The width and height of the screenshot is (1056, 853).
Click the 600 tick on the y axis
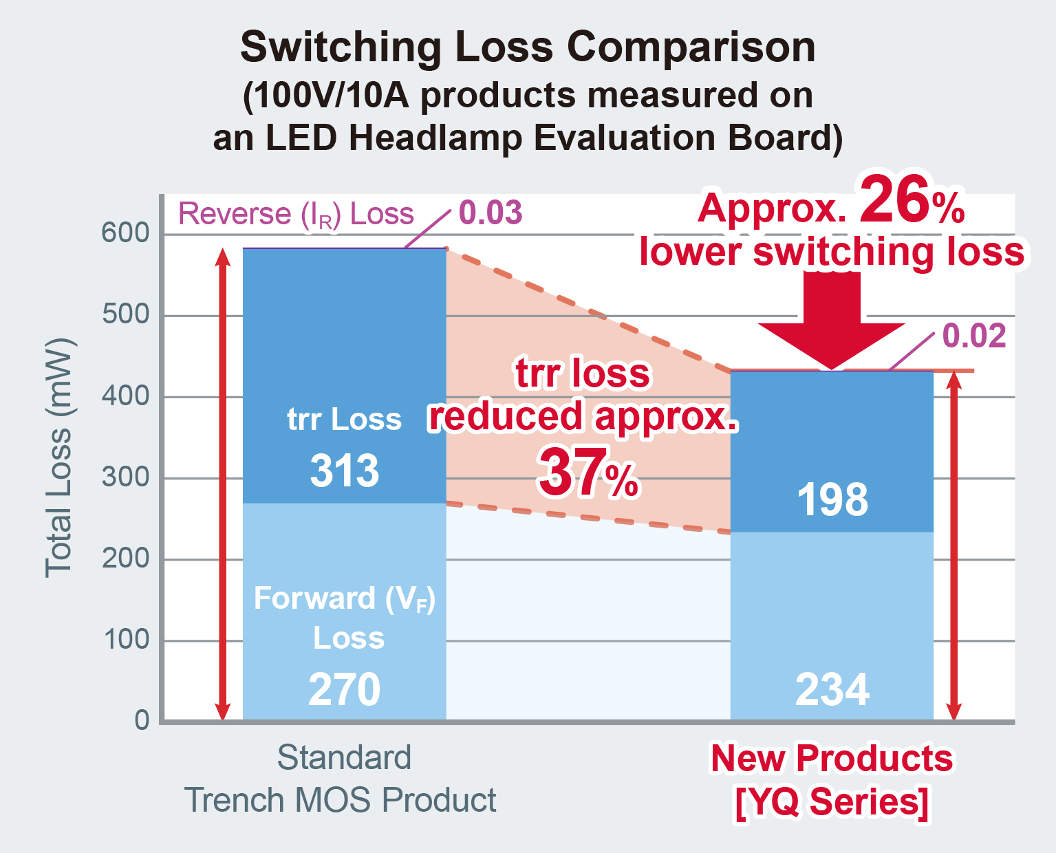(125, 233)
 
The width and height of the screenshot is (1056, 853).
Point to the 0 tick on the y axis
(142, 720)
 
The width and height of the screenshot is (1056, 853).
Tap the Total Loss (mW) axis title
(59, 458)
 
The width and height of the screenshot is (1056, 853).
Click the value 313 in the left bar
(344, 471)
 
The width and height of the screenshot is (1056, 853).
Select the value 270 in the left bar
(344, 689)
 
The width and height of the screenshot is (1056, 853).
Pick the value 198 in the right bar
(832, 499)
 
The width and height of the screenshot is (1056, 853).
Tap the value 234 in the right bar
(832, 689)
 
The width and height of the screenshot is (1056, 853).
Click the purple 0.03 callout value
(491, 213)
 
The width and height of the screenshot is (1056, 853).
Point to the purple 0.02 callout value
(974, 336)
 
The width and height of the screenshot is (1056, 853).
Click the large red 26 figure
(894, 200)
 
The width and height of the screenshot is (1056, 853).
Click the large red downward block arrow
(832, 321)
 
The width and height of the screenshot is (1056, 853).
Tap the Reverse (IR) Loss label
(296, 214)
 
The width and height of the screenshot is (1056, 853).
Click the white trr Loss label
(344, 419)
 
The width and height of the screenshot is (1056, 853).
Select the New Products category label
(832, 759)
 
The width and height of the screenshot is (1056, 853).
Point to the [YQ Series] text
(832, 801)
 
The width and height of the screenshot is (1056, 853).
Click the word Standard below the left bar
(344, 758)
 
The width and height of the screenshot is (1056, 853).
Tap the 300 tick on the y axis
(125, 477)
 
